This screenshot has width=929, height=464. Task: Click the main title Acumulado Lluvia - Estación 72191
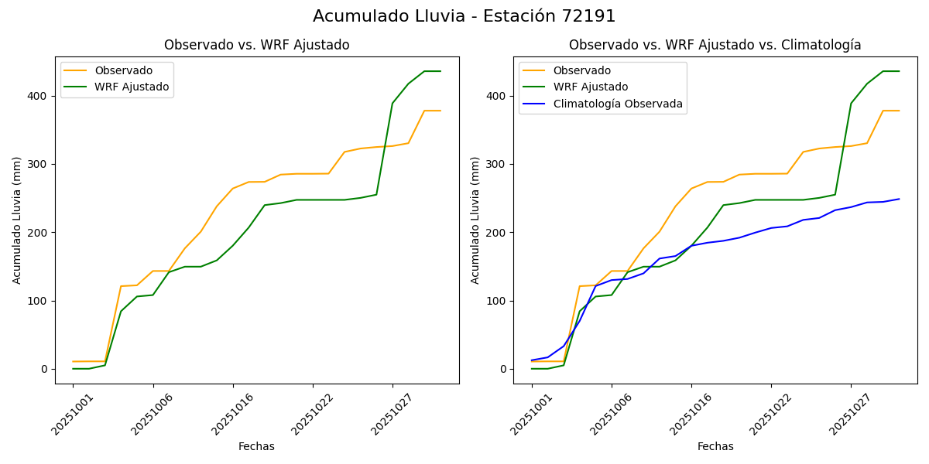pos(464,16)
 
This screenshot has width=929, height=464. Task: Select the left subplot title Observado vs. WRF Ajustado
pos(256,45)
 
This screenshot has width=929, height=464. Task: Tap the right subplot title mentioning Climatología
pos(715,45)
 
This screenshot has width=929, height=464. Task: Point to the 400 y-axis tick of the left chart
pos(39,96)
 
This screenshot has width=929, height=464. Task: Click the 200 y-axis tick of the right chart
pos(497,233)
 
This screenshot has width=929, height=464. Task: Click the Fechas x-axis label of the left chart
pos(256,446)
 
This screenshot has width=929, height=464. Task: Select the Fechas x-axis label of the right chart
pos(715,446)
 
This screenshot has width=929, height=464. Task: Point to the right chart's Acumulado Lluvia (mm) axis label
pos(475,220)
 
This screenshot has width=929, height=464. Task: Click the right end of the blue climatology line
pos(899,199)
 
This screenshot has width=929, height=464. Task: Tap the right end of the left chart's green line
pos(441,71)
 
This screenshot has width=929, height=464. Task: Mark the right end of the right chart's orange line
pos(899,111)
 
